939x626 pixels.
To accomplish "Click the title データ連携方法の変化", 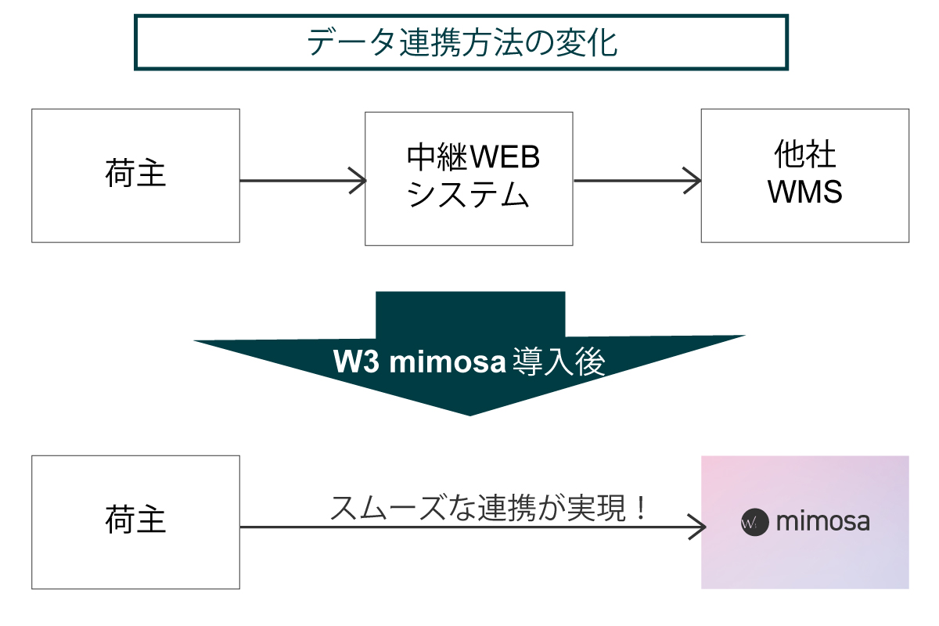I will [462, 43].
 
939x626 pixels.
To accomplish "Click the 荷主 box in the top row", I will [135, 175].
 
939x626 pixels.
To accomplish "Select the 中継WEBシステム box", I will [469, 178].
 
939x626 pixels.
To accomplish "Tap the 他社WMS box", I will [804, 175].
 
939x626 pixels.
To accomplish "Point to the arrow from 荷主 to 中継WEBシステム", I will [302, 181].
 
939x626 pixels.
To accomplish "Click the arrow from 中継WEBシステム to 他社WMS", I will [637, 181].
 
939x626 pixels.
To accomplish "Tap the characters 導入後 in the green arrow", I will [559, 362].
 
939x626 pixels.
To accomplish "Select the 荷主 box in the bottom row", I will [135, 522].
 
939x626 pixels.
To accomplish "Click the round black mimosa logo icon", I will [752, 522].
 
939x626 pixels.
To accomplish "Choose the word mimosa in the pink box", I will [822, 522].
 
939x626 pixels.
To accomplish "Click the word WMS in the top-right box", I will [804, 192].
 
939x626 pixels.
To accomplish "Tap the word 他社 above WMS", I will [804, 156].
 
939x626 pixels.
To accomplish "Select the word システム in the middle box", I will [468, 195].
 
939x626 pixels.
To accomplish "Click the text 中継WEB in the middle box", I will [473, 160].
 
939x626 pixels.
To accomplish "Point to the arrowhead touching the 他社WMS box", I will [692, 181].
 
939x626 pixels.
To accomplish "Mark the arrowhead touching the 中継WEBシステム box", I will [357, 181].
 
